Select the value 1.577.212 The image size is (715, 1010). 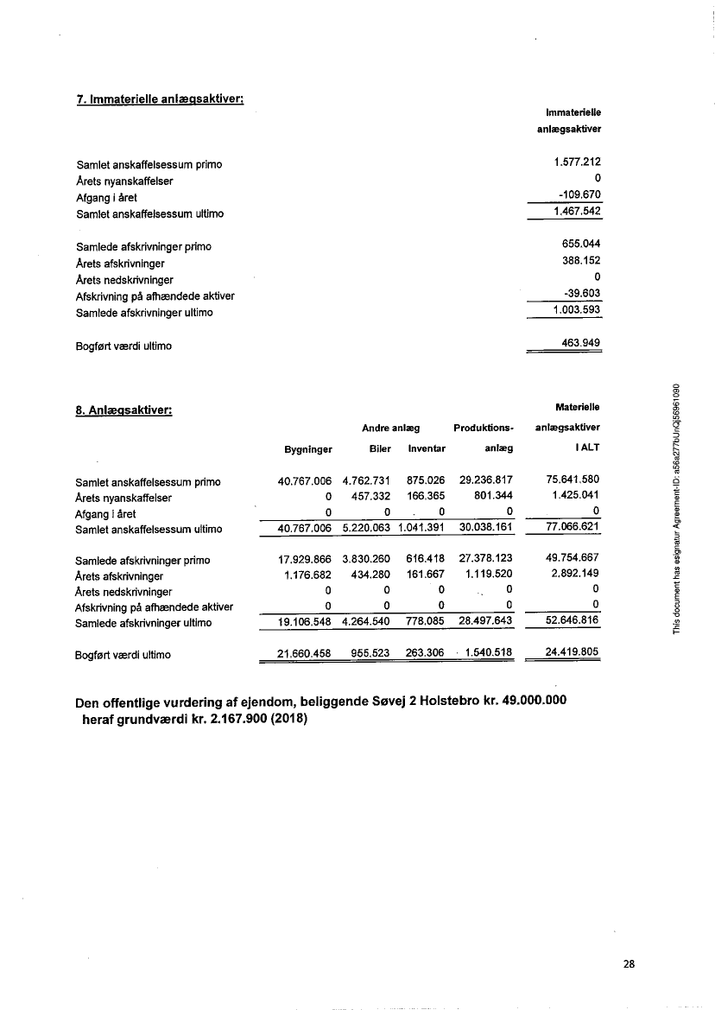(x=578, y=162)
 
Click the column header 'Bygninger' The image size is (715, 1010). (x=308, y=449)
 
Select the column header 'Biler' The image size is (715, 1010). (x=380, y=449)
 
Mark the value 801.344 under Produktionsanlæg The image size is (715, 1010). (x=493, y=497)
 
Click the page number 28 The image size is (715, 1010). (x=629, y=964)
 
